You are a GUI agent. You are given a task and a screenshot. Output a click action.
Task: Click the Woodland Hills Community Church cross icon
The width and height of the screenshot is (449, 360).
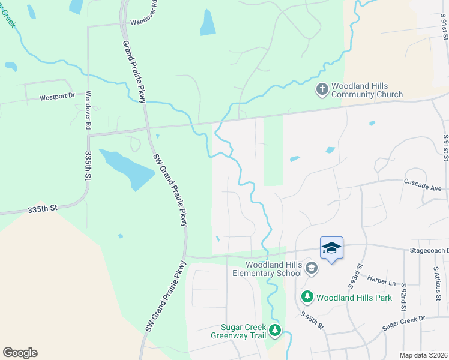pos(322,89)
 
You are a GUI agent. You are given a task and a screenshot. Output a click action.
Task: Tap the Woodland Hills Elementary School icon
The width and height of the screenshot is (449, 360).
pos(311,268)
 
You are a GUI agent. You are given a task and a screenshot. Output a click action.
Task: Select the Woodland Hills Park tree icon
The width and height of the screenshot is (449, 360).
pos(307,297)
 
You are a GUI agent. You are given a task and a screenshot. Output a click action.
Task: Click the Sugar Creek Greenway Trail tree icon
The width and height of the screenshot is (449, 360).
pos(274,330)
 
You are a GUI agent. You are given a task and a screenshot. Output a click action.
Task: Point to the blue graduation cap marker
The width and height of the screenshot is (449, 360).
pos(331,248)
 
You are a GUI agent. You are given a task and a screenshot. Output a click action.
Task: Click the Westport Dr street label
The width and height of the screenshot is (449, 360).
pos(57,96)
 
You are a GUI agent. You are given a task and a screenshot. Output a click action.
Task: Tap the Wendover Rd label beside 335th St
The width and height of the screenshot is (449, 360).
pos(88,110)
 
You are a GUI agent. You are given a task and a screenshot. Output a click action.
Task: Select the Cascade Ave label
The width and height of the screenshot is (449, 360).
pos(423,184)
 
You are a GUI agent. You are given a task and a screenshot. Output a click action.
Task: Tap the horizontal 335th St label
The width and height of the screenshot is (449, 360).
pos(42,208)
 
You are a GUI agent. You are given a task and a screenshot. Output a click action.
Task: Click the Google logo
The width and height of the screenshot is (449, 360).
pos(20,353)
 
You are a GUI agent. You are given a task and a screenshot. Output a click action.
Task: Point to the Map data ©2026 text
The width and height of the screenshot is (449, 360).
pos(423,355)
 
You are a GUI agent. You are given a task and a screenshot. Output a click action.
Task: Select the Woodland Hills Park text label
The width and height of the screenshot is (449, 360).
pos(354,298)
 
